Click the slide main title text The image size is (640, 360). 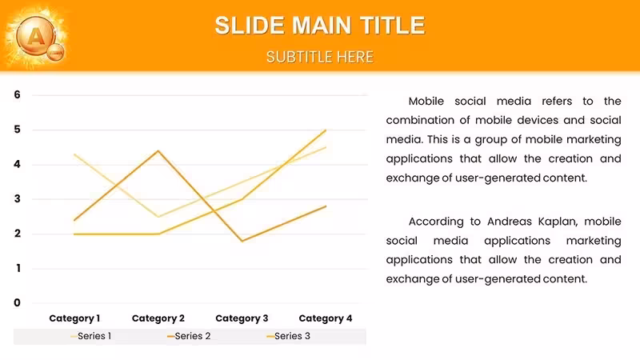pos(320,26)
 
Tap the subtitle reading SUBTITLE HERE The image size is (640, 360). pos(320,57)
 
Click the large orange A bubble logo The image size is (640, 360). pos(35,36)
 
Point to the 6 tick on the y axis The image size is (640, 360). pos(17,94)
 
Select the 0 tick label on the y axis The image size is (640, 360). pos(17,303)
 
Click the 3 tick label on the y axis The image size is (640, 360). pos(17,198)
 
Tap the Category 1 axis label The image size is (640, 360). pos(74,318)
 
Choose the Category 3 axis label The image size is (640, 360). pos(242,318)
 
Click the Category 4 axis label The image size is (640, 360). pos(326,318)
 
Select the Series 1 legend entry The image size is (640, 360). pos(90,336)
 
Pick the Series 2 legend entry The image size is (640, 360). pos(189,336)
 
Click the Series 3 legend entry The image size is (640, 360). pos(289,336)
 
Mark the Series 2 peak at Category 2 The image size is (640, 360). pos(158,151)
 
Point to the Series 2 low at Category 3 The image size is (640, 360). pos(242,241)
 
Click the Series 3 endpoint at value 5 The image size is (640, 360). pos(326,130)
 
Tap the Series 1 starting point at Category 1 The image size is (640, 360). pos(74,154)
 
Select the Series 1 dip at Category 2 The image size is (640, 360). pos(158,216)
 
